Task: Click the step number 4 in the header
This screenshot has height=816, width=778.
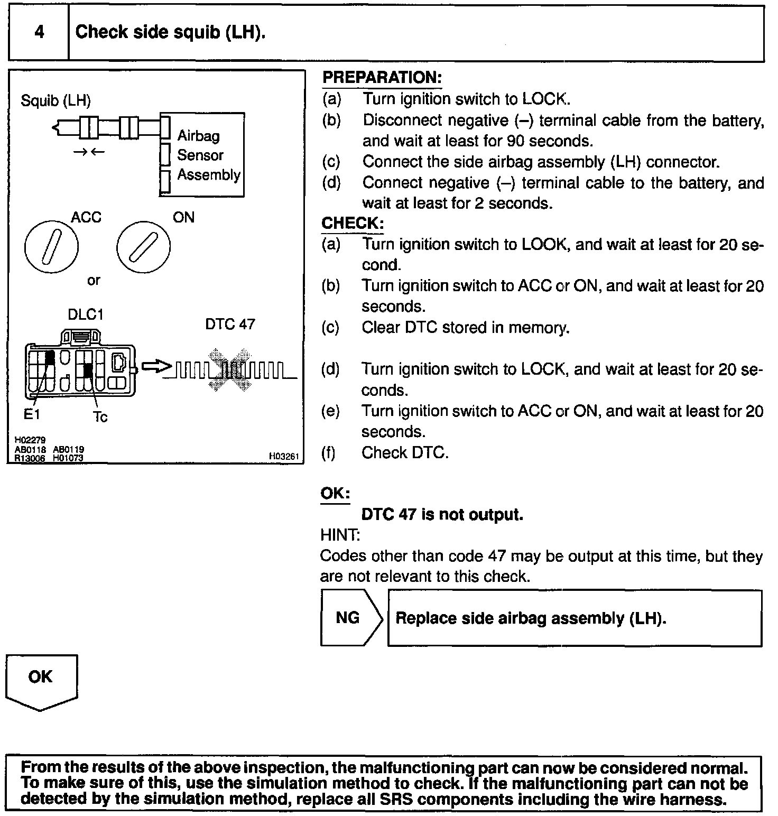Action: (x=39, y=32)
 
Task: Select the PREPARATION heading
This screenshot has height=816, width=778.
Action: (x=382, y=78)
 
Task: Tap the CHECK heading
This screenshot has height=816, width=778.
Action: (x=352, y=223)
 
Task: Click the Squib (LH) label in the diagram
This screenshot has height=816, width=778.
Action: (x=55, y=100)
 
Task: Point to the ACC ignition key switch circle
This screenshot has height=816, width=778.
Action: (x=51, y=247)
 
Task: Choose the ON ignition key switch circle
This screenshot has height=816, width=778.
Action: (x=143, y=247)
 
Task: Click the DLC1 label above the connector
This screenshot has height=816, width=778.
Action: (x=85, y=315)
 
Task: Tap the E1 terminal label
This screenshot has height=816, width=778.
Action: (x=32, y=415)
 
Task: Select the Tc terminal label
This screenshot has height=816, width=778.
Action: (x=100, y=417)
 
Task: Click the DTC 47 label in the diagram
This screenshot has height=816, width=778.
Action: (x=230, y=324)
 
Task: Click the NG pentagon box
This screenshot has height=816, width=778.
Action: (x=349, y=618)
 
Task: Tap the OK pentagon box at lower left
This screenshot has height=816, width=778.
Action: (x=41, y=678)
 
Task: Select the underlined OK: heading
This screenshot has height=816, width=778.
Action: (x=335, y=494)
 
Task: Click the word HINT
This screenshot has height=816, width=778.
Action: (x=340, y=535)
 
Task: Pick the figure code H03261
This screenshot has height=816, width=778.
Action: (x=284, y=456)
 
